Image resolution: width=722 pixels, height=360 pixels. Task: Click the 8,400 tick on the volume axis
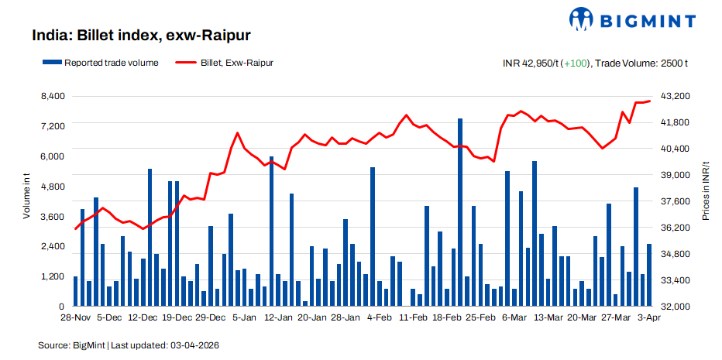point(52,96)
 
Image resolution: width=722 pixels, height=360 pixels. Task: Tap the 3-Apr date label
point(649,317)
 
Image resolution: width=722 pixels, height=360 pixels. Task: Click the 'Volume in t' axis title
point(26,198)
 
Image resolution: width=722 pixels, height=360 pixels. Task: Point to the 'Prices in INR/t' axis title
point(706,190)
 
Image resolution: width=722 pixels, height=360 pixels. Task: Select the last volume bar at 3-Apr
point(649,275)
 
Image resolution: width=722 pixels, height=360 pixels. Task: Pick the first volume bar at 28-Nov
point(75,291)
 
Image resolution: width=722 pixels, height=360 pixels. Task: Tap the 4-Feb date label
point(380,317)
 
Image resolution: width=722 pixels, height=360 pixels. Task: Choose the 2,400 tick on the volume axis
point(52,246)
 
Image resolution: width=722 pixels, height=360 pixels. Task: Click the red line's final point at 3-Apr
point(649,101)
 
